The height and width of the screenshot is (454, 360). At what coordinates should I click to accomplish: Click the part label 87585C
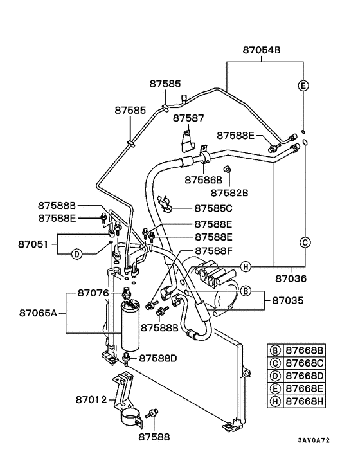pos(213,208)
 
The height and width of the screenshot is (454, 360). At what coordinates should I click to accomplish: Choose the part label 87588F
pos(213,250)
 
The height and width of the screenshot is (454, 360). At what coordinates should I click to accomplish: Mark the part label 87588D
pos(158,357)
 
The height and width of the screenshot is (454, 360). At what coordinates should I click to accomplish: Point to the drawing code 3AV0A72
pos(313,440)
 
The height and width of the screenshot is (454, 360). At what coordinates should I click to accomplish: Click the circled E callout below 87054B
pos(303,86)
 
